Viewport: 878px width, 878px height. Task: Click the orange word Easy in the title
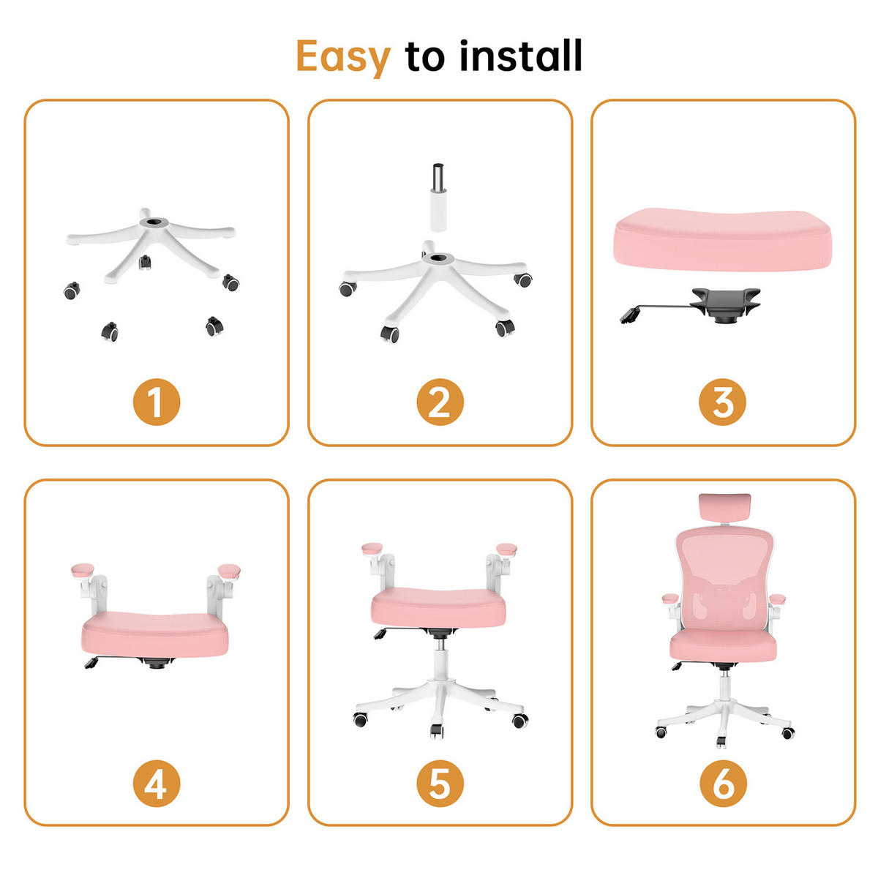click(x=343, y=57)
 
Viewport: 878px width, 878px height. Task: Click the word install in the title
click(x=520, y=56)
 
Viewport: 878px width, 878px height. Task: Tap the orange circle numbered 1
click(x=156, y=402)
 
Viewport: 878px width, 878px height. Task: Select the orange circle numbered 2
click(x=439, y=402)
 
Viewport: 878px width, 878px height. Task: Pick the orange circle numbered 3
click(x=722, y=402)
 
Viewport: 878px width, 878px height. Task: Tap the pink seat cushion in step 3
click(x=722, y=239)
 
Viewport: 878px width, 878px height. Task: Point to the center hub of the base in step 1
click(x=154, y=220)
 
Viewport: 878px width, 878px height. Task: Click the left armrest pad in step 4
click(x=83, y=569)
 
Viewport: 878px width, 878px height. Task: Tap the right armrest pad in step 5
click(x=506, y=548)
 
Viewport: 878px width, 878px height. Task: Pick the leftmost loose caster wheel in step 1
click(x=71, y=291)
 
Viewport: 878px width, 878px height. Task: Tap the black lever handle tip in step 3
click(x=628, y=317)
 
